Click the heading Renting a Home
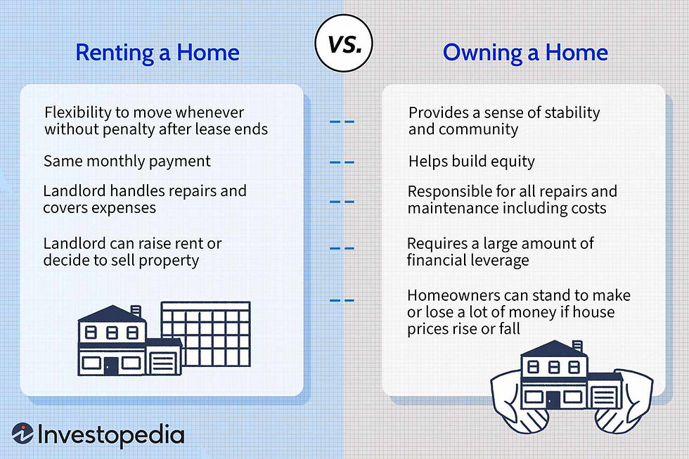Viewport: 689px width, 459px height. [157, 53]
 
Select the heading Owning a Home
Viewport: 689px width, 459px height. [525, 53]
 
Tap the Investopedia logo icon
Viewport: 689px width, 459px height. [22, 434]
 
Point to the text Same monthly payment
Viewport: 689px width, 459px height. [127, 161]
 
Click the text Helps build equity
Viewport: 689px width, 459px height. [471, 162]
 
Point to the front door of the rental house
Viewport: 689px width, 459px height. [110, 365]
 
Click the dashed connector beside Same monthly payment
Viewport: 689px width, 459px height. [342, 162]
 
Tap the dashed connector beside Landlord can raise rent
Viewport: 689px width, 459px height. [342, 248]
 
